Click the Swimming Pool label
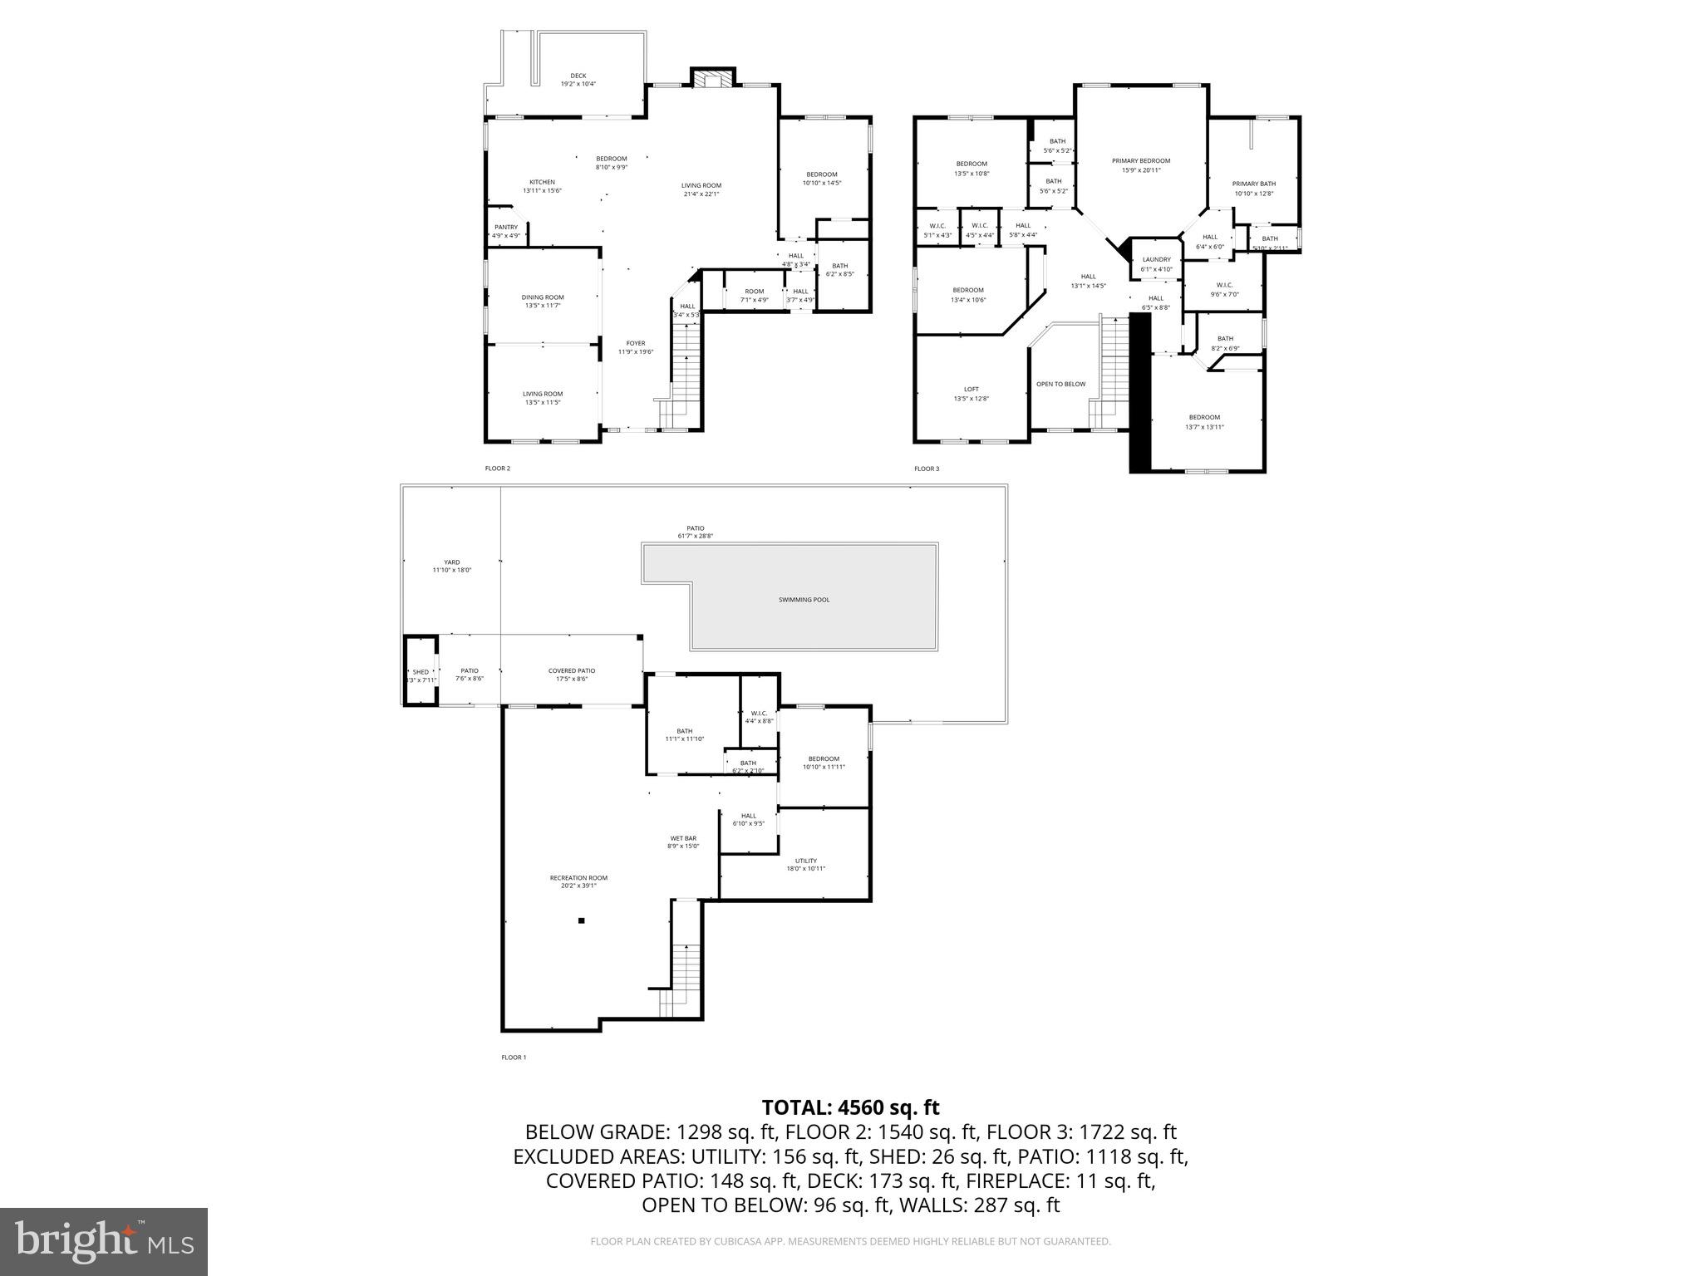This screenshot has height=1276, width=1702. [x=804, y=600]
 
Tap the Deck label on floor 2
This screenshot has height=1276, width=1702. [x=578, y=76]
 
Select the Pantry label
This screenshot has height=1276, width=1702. [x=506, y=228]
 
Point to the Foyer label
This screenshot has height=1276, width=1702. [x=635, y=343]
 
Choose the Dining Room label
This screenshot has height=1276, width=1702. [x=543, y=297]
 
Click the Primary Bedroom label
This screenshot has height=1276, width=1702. [x=1141, y=161]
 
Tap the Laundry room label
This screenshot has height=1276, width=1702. [x=1156, y=260]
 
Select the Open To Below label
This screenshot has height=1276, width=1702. [x=1060, y=384]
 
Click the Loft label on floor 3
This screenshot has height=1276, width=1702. [x=971, y=390]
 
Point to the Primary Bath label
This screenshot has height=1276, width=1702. [x=1253, y=184]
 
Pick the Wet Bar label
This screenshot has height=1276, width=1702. [x=683, y=838]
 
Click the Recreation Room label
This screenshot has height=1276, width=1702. [x=578, y=878]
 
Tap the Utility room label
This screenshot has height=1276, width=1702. [x=805, y=861]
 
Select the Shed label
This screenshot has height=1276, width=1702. [x=421, y=672]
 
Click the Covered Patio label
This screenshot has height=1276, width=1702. [x=572, y=671]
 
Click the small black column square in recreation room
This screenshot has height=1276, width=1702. [x=582, y=920]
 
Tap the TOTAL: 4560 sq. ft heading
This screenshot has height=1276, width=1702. [x=850, y=1107]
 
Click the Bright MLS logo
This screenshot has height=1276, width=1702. [x=104, y=1241]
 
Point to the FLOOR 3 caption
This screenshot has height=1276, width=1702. [x=927, y=469]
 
